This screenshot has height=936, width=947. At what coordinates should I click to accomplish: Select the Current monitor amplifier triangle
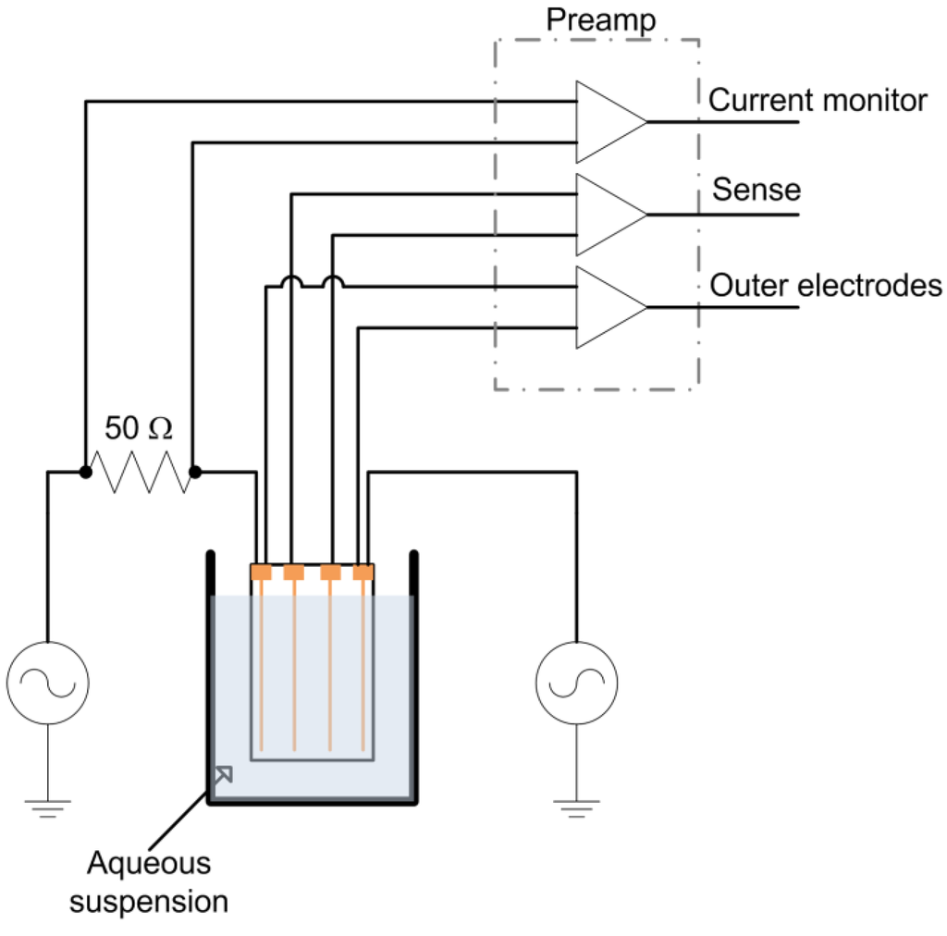click(607, 122)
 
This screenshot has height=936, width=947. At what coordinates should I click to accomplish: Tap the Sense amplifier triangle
click(607, 215)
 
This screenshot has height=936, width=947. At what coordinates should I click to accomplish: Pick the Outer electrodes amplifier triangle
click(607, 307)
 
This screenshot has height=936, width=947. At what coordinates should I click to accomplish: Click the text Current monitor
click(818, 100)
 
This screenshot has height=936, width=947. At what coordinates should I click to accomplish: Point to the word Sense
click(756, 190)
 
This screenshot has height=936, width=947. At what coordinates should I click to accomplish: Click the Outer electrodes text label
click(825, 286)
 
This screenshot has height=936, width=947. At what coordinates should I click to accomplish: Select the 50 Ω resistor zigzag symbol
click(140, 473)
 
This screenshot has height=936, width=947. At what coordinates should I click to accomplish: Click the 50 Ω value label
click(138, 428)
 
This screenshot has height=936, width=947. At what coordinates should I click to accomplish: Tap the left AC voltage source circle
click(47, 684)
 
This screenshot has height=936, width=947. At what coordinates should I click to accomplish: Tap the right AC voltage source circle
click(576, 684)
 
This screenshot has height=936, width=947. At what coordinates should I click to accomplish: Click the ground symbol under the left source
click(47, 808)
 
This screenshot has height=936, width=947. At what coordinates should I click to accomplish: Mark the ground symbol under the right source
click(576, 808)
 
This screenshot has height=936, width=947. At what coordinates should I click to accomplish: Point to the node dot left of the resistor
click(85, 473)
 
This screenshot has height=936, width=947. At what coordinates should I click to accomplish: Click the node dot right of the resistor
click(194, 473)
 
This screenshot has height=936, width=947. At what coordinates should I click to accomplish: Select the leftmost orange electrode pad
click(262, 573)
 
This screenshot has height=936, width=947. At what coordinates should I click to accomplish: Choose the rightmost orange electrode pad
click(363, 573)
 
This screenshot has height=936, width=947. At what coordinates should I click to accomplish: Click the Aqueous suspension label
click(149, 882)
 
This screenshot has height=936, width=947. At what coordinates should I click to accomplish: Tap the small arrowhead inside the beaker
click(222, 773)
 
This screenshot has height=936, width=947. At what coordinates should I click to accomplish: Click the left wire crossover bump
click(291, 281)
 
